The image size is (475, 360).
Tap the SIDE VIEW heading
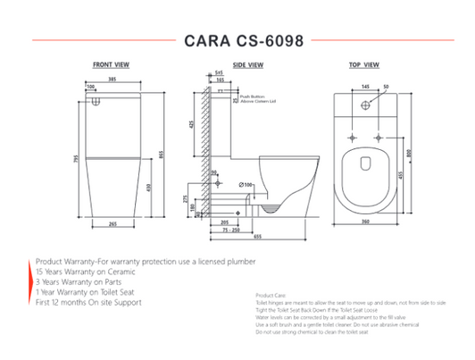tap(247, 65)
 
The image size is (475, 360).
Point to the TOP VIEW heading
tap(364, 65)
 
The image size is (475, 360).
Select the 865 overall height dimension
tap(162, 154)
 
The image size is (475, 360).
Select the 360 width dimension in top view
tap(365, 220)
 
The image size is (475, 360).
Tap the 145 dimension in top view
tap(366, 87)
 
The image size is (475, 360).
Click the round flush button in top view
tap(366, 105)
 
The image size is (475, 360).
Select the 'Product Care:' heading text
tap(270, 295)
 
